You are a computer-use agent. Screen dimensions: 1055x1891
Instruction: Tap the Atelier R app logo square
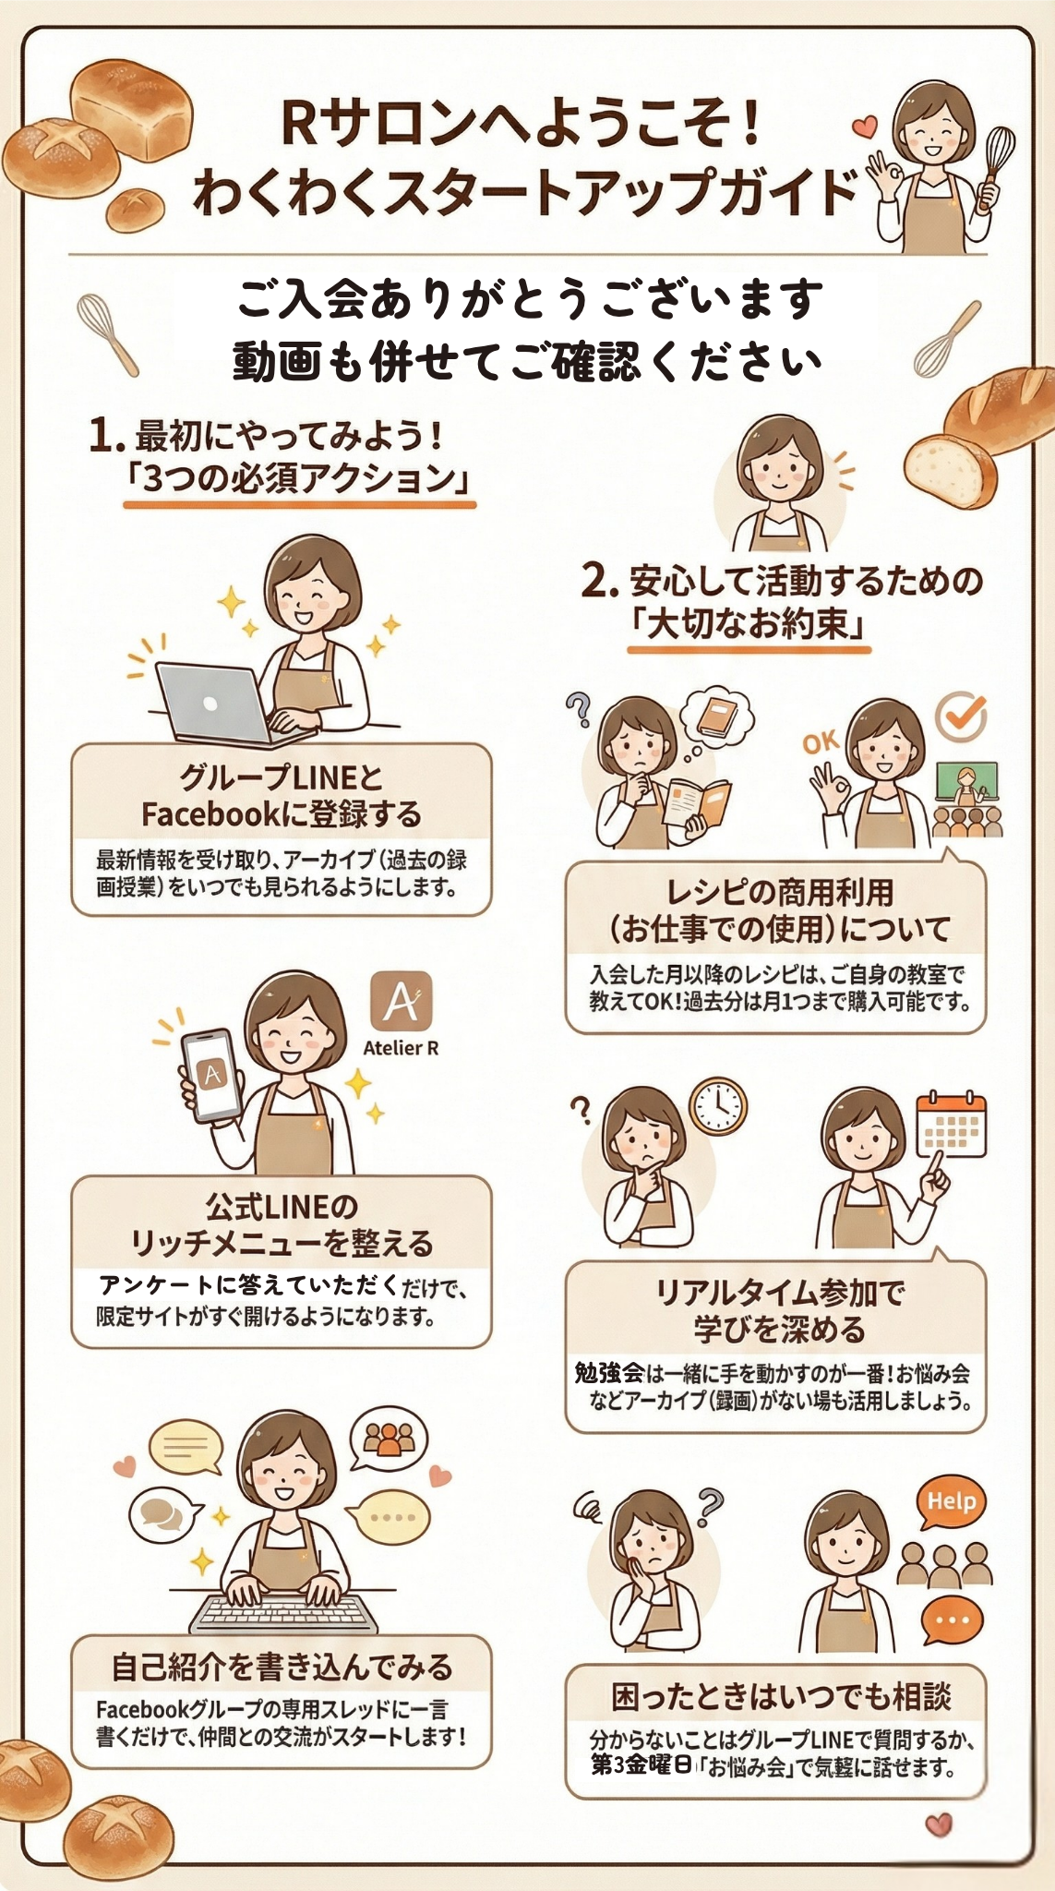tap(402, 1001)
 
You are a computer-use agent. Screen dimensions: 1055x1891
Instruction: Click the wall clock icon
tap(717, 1105)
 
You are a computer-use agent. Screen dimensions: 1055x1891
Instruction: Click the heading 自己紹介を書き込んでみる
tap(282, 1668)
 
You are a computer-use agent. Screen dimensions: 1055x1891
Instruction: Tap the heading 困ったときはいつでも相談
tap(781, 1696)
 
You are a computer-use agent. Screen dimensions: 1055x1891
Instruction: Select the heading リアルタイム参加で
tap(780, 1292)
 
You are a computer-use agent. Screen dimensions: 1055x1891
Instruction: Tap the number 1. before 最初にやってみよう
tap(106, 435)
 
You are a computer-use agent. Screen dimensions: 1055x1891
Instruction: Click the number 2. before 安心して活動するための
tap(599, 582)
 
